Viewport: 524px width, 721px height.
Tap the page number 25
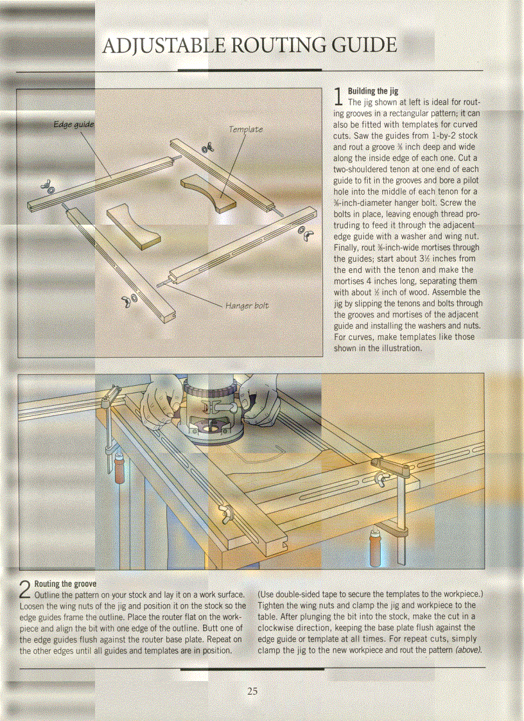[252, 691]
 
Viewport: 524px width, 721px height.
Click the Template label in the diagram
[245, 129]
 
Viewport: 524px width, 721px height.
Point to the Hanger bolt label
[247, 305]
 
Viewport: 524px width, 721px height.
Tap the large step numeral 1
[340, 98]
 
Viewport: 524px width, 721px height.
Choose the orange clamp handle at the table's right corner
[374, 545]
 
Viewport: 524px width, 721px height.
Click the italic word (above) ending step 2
[467, 650]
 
